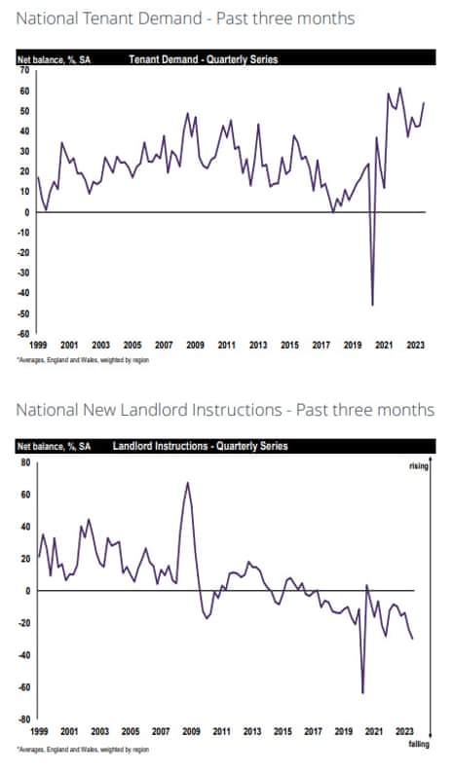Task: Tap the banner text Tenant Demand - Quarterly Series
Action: click(203, 59)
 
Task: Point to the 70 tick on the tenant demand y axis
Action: click(23, 70)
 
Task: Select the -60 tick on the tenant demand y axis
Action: click(21, 333)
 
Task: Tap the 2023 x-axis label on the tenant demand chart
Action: click(413, 346)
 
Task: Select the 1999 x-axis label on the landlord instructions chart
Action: click(38, 730)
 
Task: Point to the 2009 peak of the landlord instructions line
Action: click(187, 483)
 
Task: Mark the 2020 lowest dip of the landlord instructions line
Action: click(362, 692)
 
